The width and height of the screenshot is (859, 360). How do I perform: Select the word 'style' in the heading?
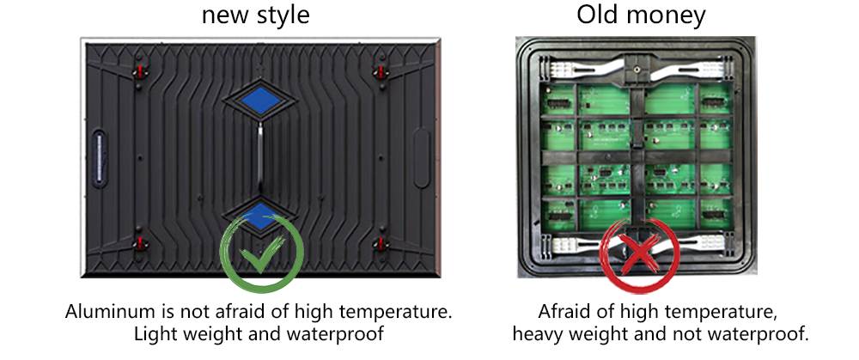click(x=283, y=15)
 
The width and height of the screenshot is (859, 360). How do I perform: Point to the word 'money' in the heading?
click(x=666, y=17)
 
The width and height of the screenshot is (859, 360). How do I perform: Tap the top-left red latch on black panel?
click(x=140, y=71)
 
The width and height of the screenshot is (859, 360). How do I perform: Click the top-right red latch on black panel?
click(x=381, y=71)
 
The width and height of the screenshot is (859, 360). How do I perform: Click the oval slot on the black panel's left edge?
click(x=99, y=158)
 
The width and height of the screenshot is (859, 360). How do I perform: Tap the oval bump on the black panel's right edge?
click(x=422, y=158)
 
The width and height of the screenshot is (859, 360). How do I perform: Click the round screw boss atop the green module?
click(x=637, y=70)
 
